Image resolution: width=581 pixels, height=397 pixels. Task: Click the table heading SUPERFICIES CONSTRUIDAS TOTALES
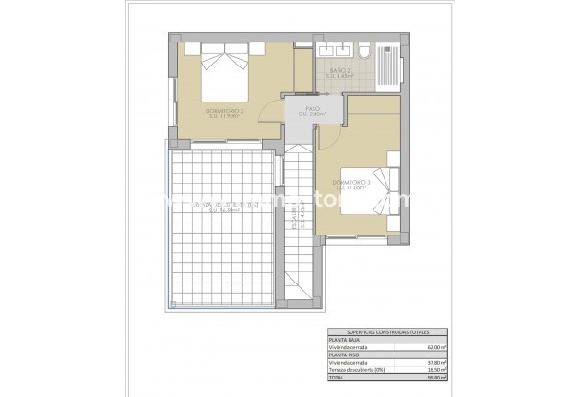click(387, 332)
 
